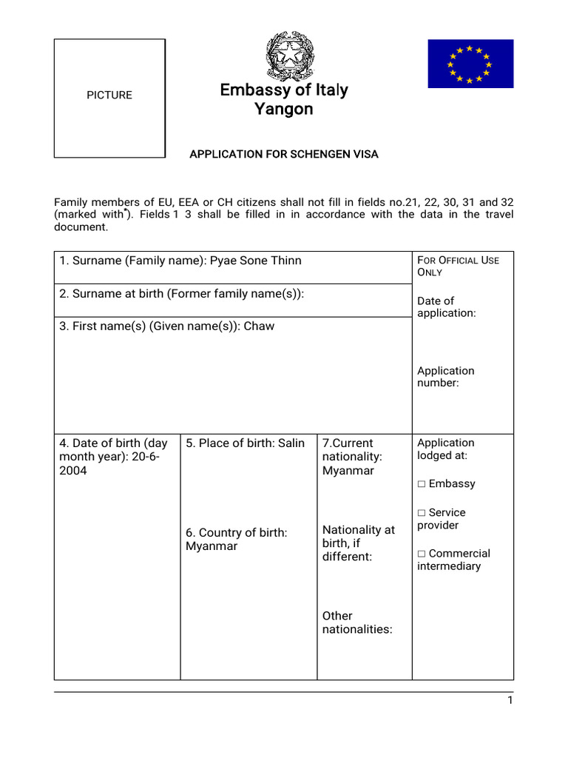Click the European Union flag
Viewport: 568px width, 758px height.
470,64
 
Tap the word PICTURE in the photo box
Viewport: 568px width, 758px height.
109,95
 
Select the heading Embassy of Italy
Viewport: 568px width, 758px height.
283,90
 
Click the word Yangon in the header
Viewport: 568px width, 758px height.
283,110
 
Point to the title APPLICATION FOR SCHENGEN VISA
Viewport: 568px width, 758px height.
283,154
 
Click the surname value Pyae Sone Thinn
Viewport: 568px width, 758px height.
256,261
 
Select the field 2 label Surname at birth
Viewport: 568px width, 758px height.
181,294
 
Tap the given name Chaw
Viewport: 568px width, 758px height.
259,326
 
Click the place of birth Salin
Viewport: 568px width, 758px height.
291,443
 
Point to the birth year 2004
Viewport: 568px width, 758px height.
73,471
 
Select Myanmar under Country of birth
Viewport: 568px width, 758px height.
212,546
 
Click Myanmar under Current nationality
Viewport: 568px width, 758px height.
348,471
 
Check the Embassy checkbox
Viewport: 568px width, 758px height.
422,484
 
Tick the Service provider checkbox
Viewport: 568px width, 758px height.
422,513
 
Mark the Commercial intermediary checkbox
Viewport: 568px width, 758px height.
422,554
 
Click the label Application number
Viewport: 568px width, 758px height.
445,377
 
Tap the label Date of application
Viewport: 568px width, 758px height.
446,306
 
